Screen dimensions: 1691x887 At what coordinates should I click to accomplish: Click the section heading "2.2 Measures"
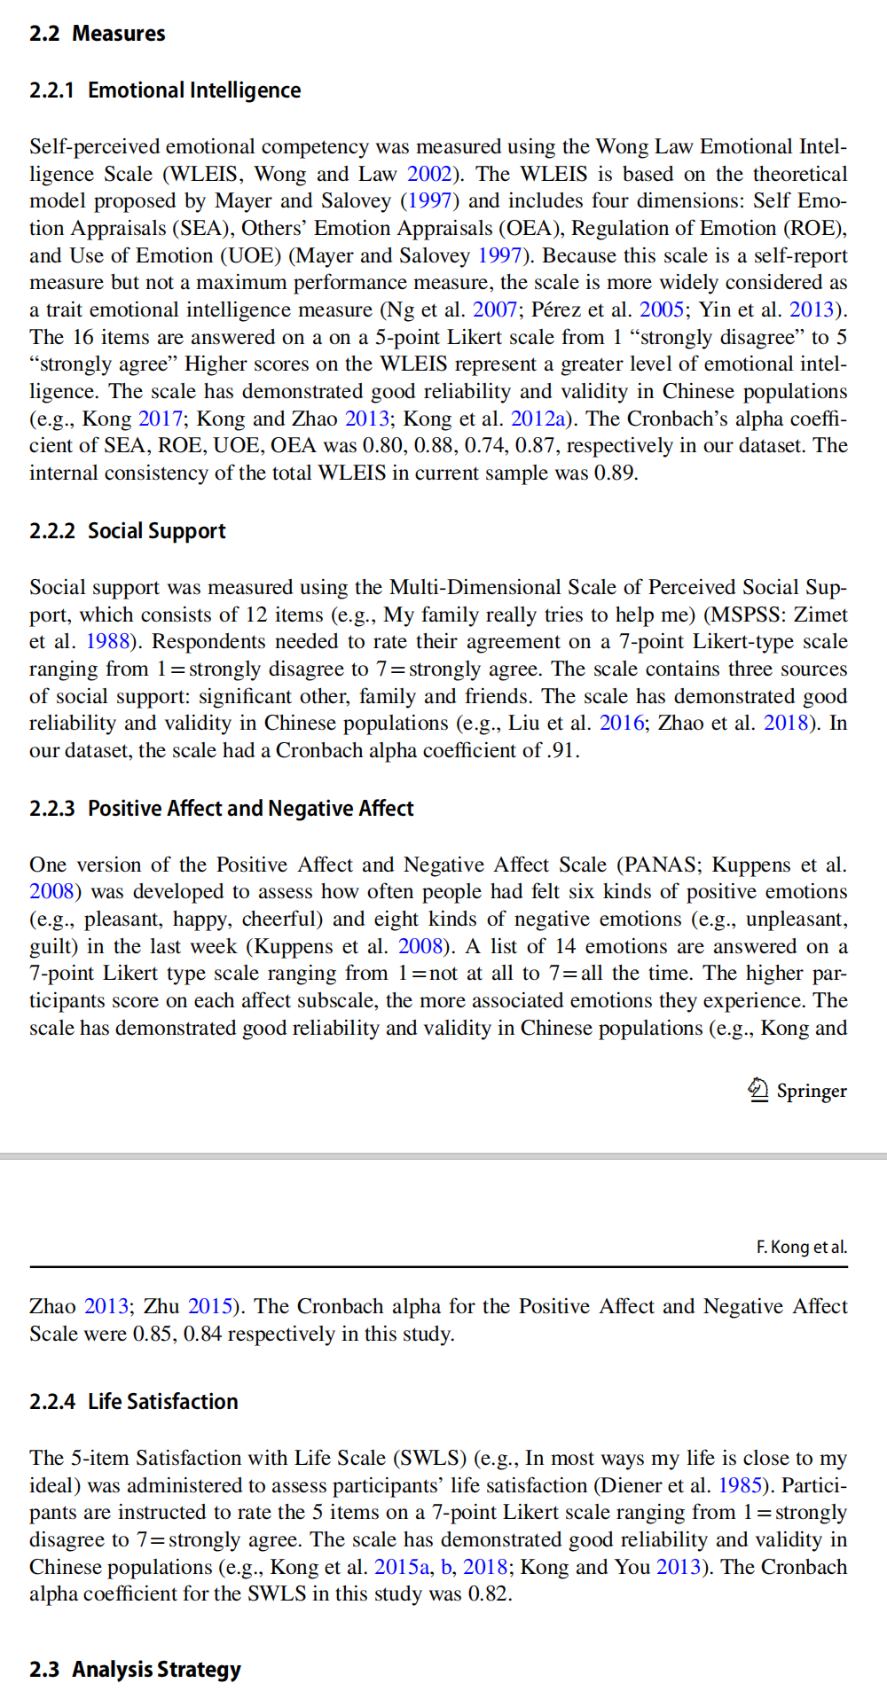97,34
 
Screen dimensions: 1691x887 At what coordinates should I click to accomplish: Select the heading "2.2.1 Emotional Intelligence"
165,90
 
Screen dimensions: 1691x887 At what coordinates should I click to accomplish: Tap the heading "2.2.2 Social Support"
128,531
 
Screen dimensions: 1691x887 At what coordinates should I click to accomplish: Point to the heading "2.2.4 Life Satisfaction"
134,1402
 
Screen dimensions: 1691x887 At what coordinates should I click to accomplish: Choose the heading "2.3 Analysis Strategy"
135,1670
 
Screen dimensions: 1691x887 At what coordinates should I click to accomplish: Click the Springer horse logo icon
758,1089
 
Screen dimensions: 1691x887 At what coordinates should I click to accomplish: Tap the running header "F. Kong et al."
802,1247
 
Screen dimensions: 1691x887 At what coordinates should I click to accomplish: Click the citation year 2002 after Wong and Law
429,174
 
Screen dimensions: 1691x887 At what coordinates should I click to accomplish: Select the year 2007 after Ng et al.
495,309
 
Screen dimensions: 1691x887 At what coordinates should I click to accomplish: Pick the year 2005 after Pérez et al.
662,309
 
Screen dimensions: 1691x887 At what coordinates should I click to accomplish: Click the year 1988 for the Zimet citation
107,641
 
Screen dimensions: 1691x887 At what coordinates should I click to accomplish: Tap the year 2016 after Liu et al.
622,723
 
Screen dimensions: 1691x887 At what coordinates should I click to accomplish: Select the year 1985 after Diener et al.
740,1485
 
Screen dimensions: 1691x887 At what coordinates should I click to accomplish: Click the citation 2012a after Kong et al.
538,419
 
